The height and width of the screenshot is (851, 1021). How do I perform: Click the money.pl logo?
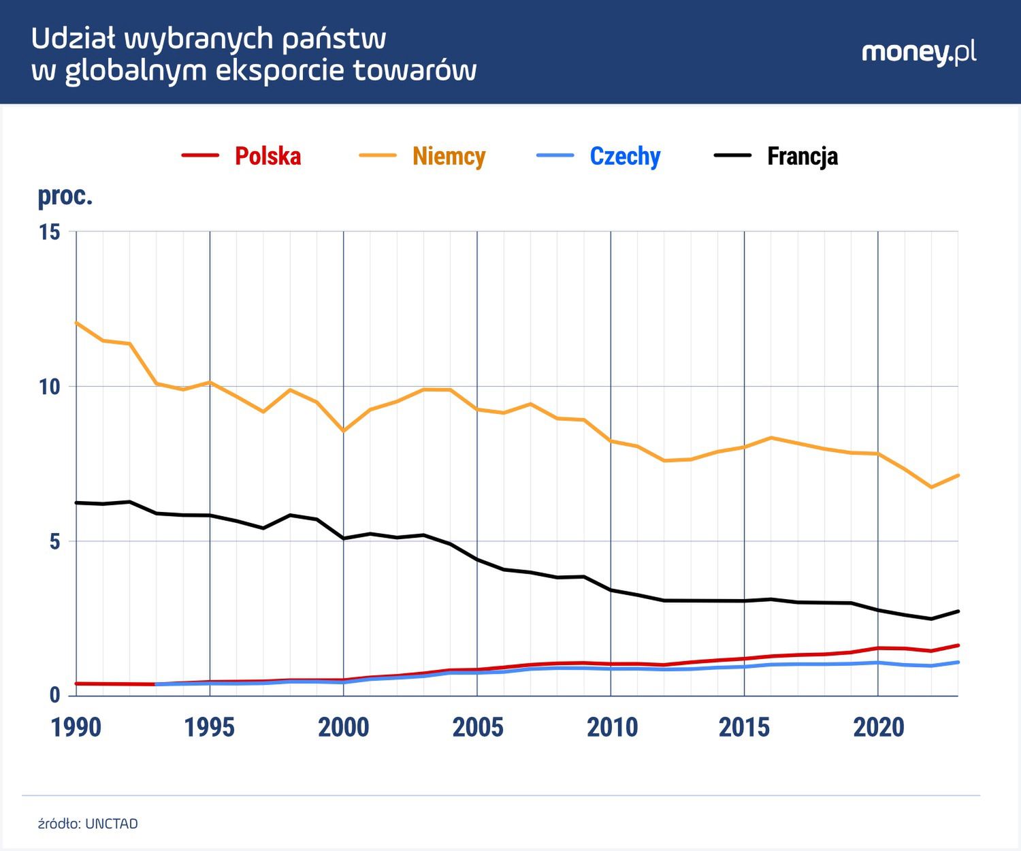919,52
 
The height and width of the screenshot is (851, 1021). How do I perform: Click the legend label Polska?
268,156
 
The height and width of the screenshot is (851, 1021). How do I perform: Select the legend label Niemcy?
449,156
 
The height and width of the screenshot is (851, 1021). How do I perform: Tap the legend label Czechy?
625,156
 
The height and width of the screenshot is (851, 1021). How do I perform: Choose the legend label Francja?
802,156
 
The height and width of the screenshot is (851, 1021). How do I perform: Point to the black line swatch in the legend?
732,156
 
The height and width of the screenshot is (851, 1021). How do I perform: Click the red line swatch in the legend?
200,156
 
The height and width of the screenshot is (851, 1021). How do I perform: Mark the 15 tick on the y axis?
49,232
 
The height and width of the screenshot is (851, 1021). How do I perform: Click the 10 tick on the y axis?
49,387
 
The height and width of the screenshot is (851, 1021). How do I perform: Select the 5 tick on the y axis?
54,542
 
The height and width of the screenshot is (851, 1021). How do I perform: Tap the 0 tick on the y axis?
54,696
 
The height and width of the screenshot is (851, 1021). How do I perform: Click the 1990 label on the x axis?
76,728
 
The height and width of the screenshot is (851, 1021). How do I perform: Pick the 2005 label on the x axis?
477,728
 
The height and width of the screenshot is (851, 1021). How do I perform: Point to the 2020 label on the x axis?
878,728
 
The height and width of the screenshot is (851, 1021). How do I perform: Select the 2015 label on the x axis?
744,728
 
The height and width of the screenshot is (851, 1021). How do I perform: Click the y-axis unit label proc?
65,196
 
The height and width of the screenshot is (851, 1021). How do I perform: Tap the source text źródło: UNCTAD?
88,824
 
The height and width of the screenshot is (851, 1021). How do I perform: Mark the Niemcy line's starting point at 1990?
76,322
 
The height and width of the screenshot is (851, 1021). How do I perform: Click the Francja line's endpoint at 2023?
958,611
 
